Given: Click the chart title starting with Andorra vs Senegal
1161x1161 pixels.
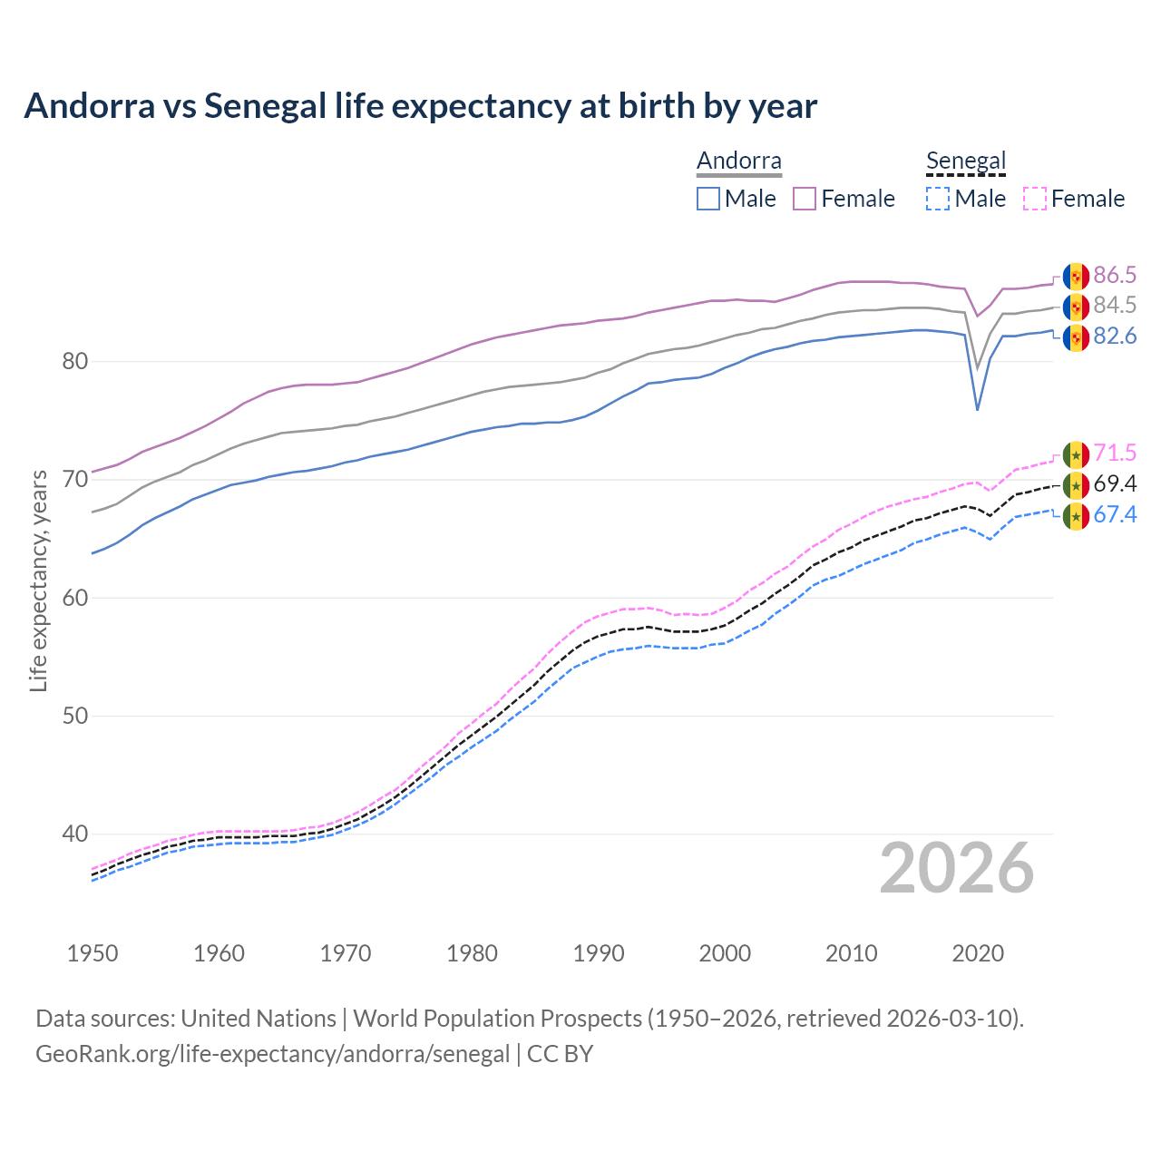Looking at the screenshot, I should pyautogui.click(x=420, y=106).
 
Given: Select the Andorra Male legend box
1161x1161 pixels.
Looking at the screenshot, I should pyautogui.click(x=708, y=199).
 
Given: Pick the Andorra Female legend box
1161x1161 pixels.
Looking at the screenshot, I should pyautogui.click(x=805, y=199).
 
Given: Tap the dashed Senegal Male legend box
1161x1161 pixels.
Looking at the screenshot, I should pyautogui.click(x=938, y=199).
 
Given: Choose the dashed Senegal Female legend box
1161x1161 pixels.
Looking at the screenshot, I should pyautogui.click(x=1035, y=199).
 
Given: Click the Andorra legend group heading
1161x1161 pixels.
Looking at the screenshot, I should pyautogui.click(x=738, y=161).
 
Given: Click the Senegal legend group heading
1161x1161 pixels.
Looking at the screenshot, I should pyautogui.click(x=966, y=161).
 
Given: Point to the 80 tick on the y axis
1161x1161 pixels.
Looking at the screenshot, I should pyautogui.click(x=74, y=361).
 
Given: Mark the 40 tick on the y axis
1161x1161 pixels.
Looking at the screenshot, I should pyautogui.click(x=74, y=834).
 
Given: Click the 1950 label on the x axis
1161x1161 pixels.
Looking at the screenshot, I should pyautogui.click(x=93, y=953).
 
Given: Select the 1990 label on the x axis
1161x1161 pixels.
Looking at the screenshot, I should pyautogui.click(x=599, y=953).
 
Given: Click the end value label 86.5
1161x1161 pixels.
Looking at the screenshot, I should pyautogui.click(x=1115, y=276).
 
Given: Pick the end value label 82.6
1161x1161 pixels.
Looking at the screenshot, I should pyautogui.click(x=1115, y=337).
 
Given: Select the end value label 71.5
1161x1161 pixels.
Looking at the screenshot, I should pyautogui.click(x=1115, y=454).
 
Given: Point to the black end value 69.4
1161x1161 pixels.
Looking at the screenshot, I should pyautogui.click(x=1115, y=484).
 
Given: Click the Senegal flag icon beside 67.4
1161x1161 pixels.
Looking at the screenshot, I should pyautogui.click(x=1076, y=516).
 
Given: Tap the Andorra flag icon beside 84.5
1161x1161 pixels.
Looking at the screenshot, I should pyautogui.click(x=1076, y=307).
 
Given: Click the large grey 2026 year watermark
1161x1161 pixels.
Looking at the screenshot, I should pyautogui.click(x=957, y=868).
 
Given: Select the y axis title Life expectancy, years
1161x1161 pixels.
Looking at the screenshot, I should pyautogui.click(x=38, y=580).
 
